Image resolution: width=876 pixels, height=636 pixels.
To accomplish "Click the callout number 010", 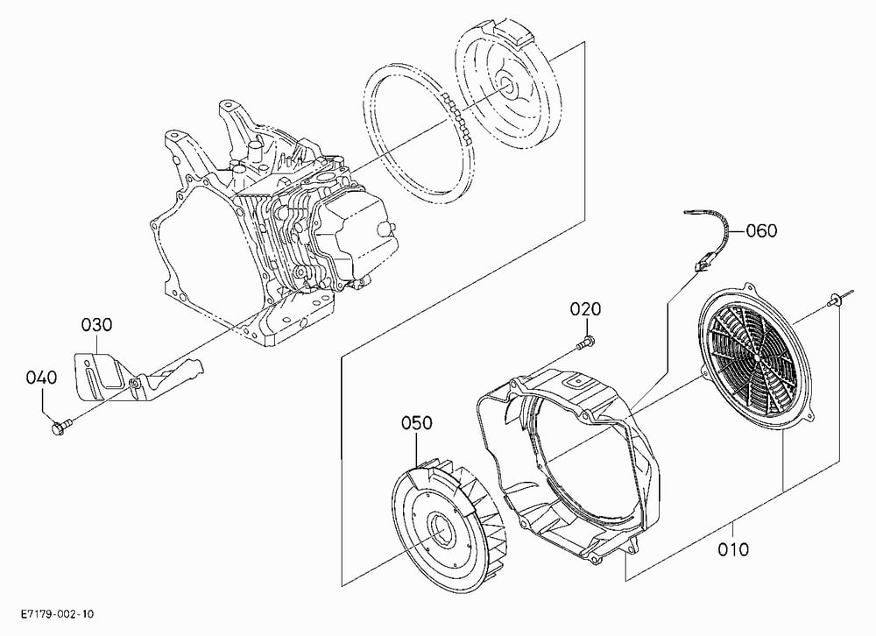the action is [x=733, y=549].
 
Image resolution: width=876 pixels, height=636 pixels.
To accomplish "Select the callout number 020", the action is [x=585, y=309].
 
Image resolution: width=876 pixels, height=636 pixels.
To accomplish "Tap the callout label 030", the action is [x=96, y=325].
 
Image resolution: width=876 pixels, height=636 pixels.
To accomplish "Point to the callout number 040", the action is [x=41, y=378].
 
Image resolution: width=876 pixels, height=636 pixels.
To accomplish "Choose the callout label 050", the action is [x=417, y=423].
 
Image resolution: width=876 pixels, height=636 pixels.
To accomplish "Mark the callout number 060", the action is [x=761, y=230].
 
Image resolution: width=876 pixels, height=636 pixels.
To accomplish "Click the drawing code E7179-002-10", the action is [x=58, y=614].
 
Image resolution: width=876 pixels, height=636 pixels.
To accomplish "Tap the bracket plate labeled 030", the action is [x=106, y=378].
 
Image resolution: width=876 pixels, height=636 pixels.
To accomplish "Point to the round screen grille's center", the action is [x=755, y=356].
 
